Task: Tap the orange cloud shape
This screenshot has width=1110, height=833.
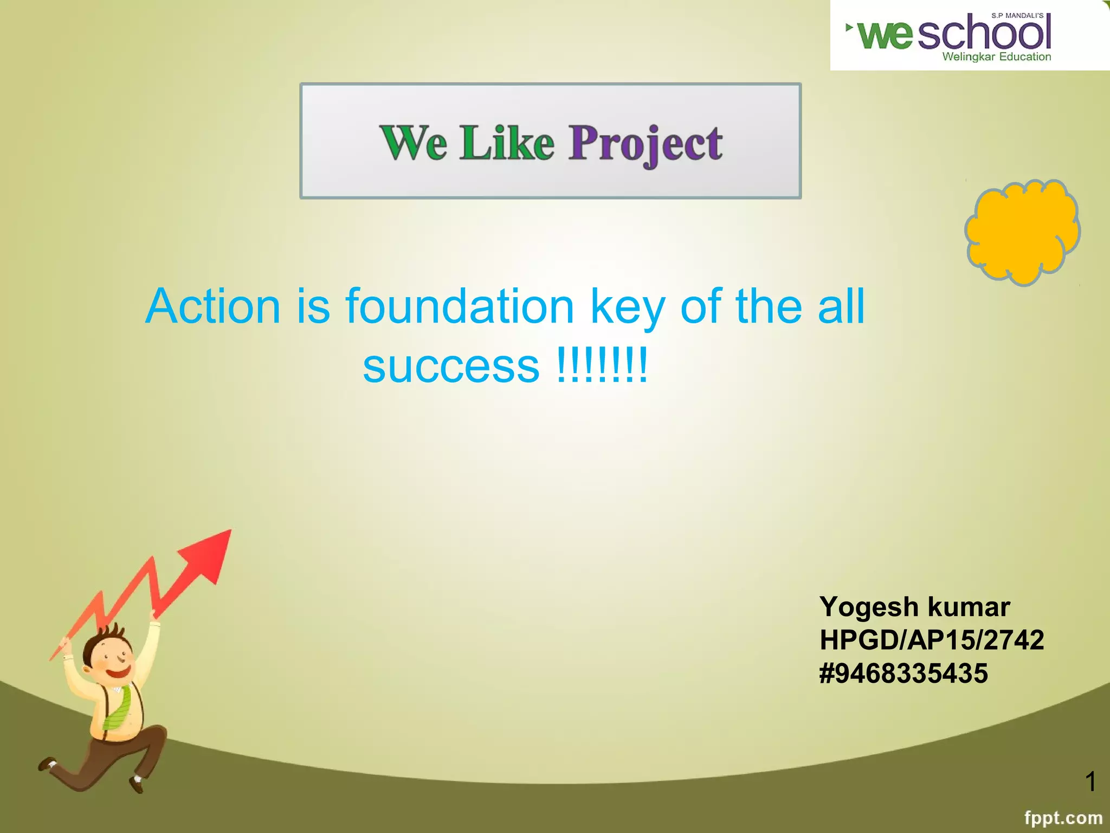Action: (1022, 232)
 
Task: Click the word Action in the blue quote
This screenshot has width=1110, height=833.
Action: (213, 306)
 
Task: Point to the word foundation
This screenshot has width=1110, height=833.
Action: (460, 306)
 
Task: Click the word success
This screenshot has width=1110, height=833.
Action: (451, 366)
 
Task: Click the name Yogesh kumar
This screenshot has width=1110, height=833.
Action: (914, 606)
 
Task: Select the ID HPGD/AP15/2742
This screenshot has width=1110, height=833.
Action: (931, 640)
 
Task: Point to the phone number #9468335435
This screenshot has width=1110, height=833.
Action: (904, 673)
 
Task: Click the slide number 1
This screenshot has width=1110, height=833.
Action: (1090, 781)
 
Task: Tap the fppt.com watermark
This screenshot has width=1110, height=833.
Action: (1063, 817)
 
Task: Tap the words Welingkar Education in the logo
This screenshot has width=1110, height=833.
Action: (996, 56)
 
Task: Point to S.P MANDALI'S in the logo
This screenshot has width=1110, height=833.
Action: (1017, 16)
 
